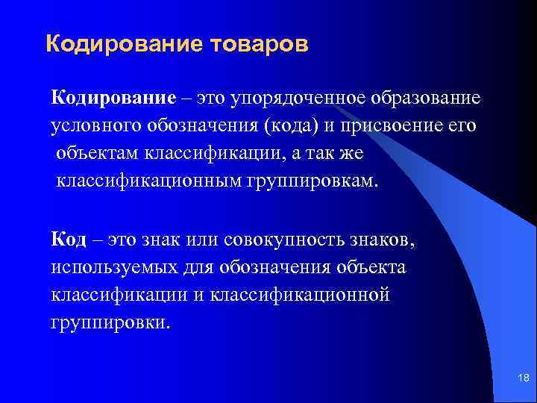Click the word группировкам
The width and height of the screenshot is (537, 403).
point(312,181)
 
